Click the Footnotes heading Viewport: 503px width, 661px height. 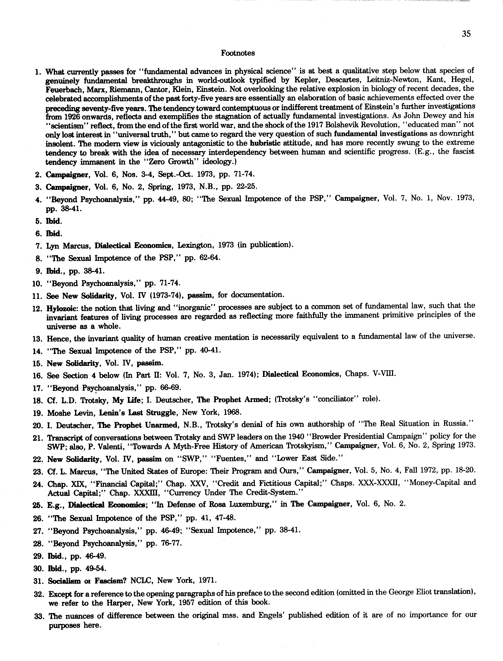pos(238,53)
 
